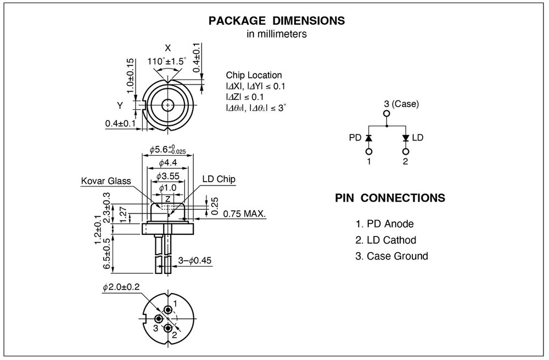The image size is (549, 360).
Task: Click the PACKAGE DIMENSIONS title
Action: tap(277, 21)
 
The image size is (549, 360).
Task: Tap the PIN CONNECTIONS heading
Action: tap(389, 198)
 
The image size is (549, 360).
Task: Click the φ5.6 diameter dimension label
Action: tap(167, 149)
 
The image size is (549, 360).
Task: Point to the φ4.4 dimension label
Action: tap(167, 163)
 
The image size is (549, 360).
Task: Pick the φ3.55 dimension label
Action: tap(167, 176)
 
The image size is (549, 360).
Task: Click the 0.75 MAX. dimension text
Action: tap(245, 215)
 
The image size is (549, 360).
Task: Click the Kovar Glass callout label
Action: tap(107, 180)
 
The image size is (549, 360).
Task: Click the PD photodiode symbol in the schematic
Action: tap(369, 137)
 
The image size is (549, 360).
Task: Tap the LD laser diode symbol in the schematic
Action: tap(406, 137)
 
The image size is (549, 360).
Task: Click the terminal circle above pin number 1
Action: tap(369, 151)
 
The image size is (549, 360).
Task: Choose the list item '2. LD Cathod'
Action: tap(385, 240)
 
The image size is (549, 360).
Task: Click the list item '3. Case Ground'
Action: tap(391, 256)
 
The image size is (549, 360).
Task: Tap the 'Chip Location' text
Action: tap(254, 75)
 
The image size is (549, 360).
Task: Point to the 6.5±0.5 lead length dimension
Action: tap(107, 253)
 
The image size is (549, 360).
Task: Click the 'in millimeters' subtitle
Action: tap(277, 34)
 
